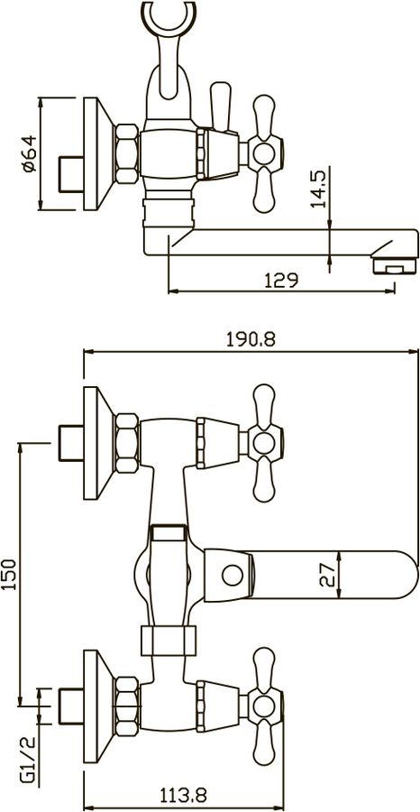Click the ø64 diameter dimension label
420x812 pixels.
29,153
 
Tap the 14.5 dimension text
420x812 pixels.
319,189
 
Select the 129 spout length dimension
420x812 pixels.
282,281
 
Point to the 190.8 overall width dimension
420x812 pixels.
251,340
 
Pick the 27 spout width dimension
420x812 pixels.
327,575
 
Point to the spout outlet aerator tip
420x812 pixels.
394,266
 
